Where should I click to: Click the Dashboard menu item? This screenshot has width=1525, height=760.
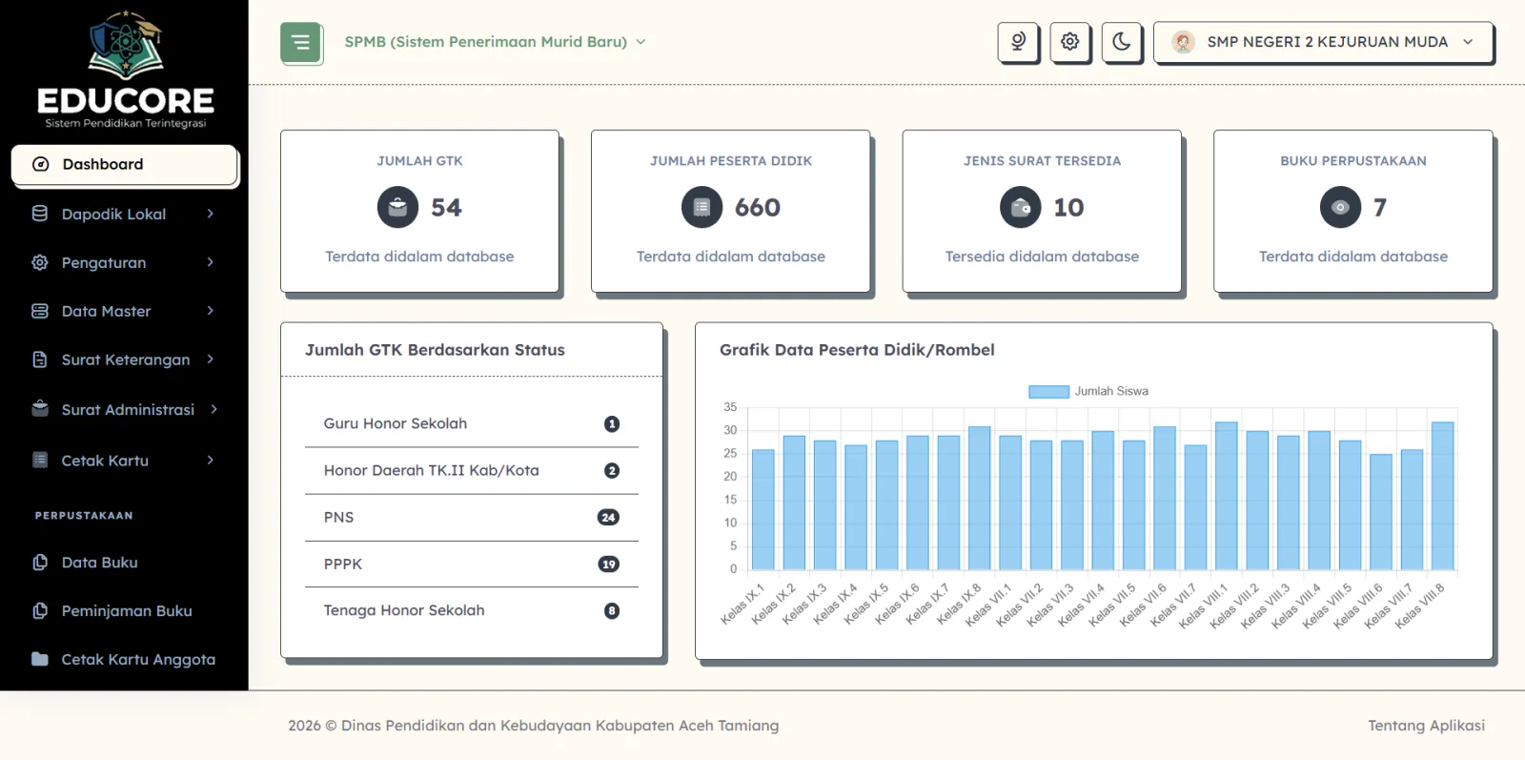pyautogui.click(x=124, y=164)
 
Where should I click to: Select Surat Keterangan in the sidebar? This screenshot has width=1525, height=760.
pyautogui.click(x=124, y=359)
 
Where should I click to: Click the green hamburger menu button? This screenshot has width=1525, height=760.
pyautogui.click(x=300, y=42)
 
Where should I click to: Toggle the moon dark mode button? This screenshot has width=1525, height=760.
pyautogui.click(x=1121, y=42)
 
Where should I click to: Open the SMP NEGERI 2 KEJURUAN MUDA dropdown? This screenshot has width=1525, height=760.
pyautogui.click(x=1323, y=42)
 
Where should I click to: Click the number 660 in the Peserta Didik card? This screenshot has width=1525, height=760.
pyautogui.click(x=757, y=207)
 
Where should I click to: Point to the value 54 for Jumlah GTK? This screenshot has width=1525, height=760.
pyautogui.click(x=446, y=207)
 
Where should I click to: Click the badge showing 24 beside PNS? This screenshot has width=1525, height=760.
pyautogui.click(x=608, y=518)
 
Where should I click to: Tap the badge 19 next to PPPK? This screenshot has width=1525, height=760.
pyautogui.click(x=608, y=564)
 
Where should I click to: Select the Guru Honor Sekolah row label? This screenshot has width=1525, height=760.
pyautogui.click(x=396, y=423)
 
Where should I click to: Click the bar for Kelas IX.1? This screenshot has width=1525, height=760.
pyautogui.click(x=763, y=509)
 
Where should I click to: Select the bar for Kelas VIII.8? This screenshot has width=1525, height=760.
pyautogui.click(x=1443, y=496)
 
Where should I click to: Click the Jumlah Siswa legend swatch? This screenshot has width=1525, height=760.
pyautogui.click(x=1048, y=392)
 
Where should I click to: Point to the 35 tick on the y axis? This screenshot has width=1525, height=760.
pyautogui.click(x=730, y=407)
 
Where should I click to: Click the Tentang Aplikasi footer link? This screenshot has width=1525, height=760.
pyautogui.click(x=1426, y=726)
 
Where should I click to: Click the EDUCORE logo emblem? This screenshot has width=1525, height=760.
pyautogui.click(x=126, y=44)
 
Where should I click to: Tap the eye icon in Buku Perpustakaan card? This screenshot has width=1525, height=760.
pyautogui.click(x=1340, y=207)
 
